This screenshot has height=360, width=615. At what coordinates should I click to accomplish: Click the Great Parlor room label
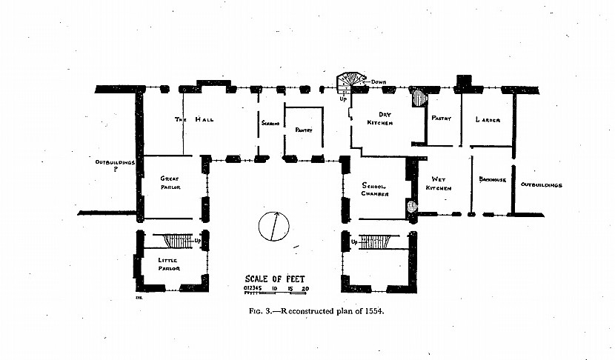170,183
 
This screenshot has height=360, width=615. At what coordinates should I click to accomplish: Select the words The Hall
195,120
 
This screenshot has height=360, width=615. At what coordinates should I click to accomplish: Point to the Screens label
269,124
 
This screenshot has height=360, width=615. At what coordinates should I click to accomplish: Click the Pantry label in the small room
304,130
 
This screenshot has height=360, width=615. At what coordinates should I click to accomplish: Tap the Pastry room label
442,118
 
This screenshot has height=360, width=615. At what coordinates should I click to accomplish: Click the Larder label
488,120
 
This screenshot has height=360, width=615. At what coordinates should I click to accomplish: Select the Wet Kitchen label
438,184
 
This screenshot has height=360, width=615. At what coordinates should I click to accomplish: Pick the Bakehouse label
492,179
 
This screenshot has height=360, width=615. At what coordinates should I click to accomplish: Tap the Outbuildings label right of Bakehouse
541,184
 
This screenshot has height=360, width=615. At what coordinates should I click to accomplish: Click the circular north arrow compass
273,226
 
